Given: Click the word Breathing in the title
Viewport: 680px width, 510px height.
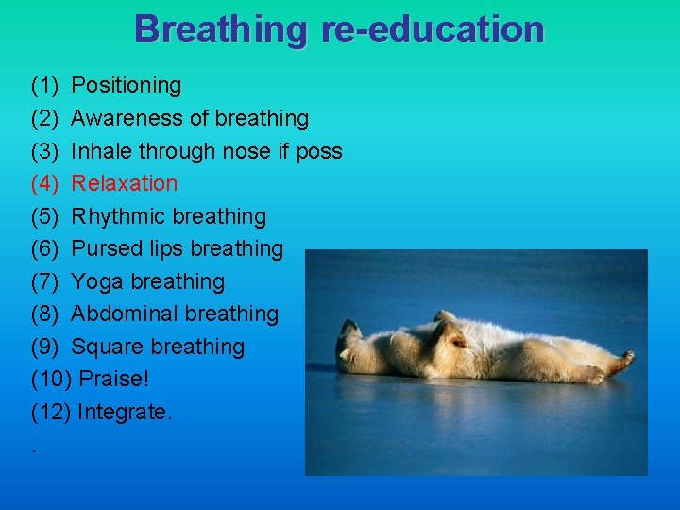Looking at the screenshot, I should [221, 29].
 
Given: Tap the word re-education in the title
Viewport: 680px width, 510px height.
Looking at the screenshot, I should [433, 29].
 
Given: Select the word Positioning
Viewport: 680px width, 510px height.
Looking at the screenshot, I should [127, 86].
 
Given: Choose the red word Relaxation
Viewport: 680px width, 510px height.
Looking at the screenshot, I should [125, 183].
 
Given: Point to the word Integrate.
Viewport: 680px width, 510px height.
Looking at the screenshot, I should [125, 413].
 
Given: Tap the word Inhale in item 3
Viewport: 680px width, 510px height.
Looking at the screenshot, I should [102, 151].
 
